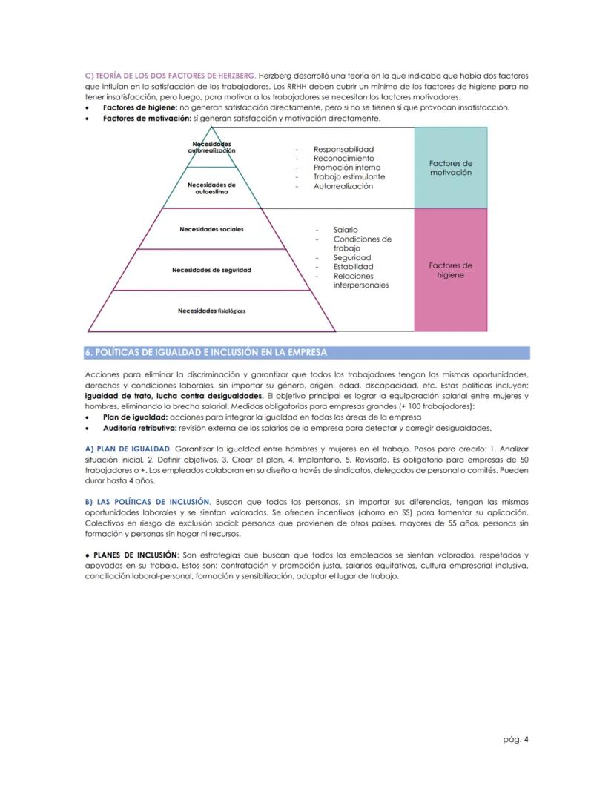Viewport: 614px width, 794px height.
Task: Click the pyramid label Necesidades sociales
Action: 211,229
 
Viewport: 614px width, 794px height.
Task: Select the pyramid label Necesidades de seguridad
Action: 211,270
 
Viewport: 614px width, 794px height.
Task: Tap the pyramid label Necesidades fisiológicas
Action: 211,311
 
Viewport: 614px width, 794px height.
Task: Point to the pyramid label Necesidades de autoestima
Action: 211,188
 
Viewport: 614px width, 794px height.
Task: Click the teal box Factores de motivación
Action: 451,168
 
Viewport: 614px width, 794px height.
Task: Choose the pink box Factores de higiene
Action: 451,270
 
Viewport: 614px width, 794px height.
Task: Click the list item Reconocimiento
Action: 343,159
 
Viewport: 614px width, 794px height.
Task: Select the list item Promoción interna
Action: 347,168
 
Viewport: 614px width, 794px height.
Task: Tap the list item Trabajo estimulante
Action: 349,177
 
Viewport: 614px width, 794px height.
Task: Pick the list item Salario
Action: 346,231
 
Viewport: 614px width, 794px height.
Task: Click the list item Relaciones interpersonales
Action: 360,280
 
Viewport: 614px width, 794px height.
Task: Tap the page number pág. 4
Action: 515,738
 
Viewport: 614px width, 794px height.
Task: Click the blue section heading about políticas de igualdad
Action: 206,352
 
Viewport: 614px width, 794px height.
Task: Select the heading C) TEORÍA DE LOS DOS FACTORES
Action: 171,76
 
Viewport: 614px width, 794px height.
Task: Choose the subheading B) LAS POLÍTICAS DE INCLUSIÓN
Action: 148,502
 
